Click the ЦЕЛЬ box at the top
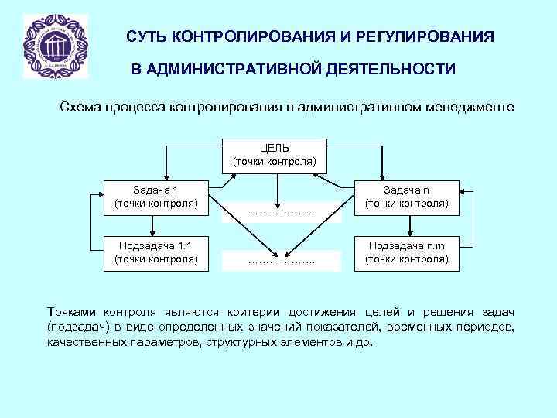point(275,155)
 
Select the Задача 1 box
point(155,197)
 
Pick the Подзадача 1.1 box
point(155,252)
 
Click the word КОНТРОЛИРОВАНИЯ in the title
point(239,37)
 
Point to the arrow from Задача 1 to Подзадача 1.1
point(155,225)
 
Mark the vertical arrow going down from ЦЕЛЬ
point(278,186)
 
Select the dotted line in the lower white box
point(281,262)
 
